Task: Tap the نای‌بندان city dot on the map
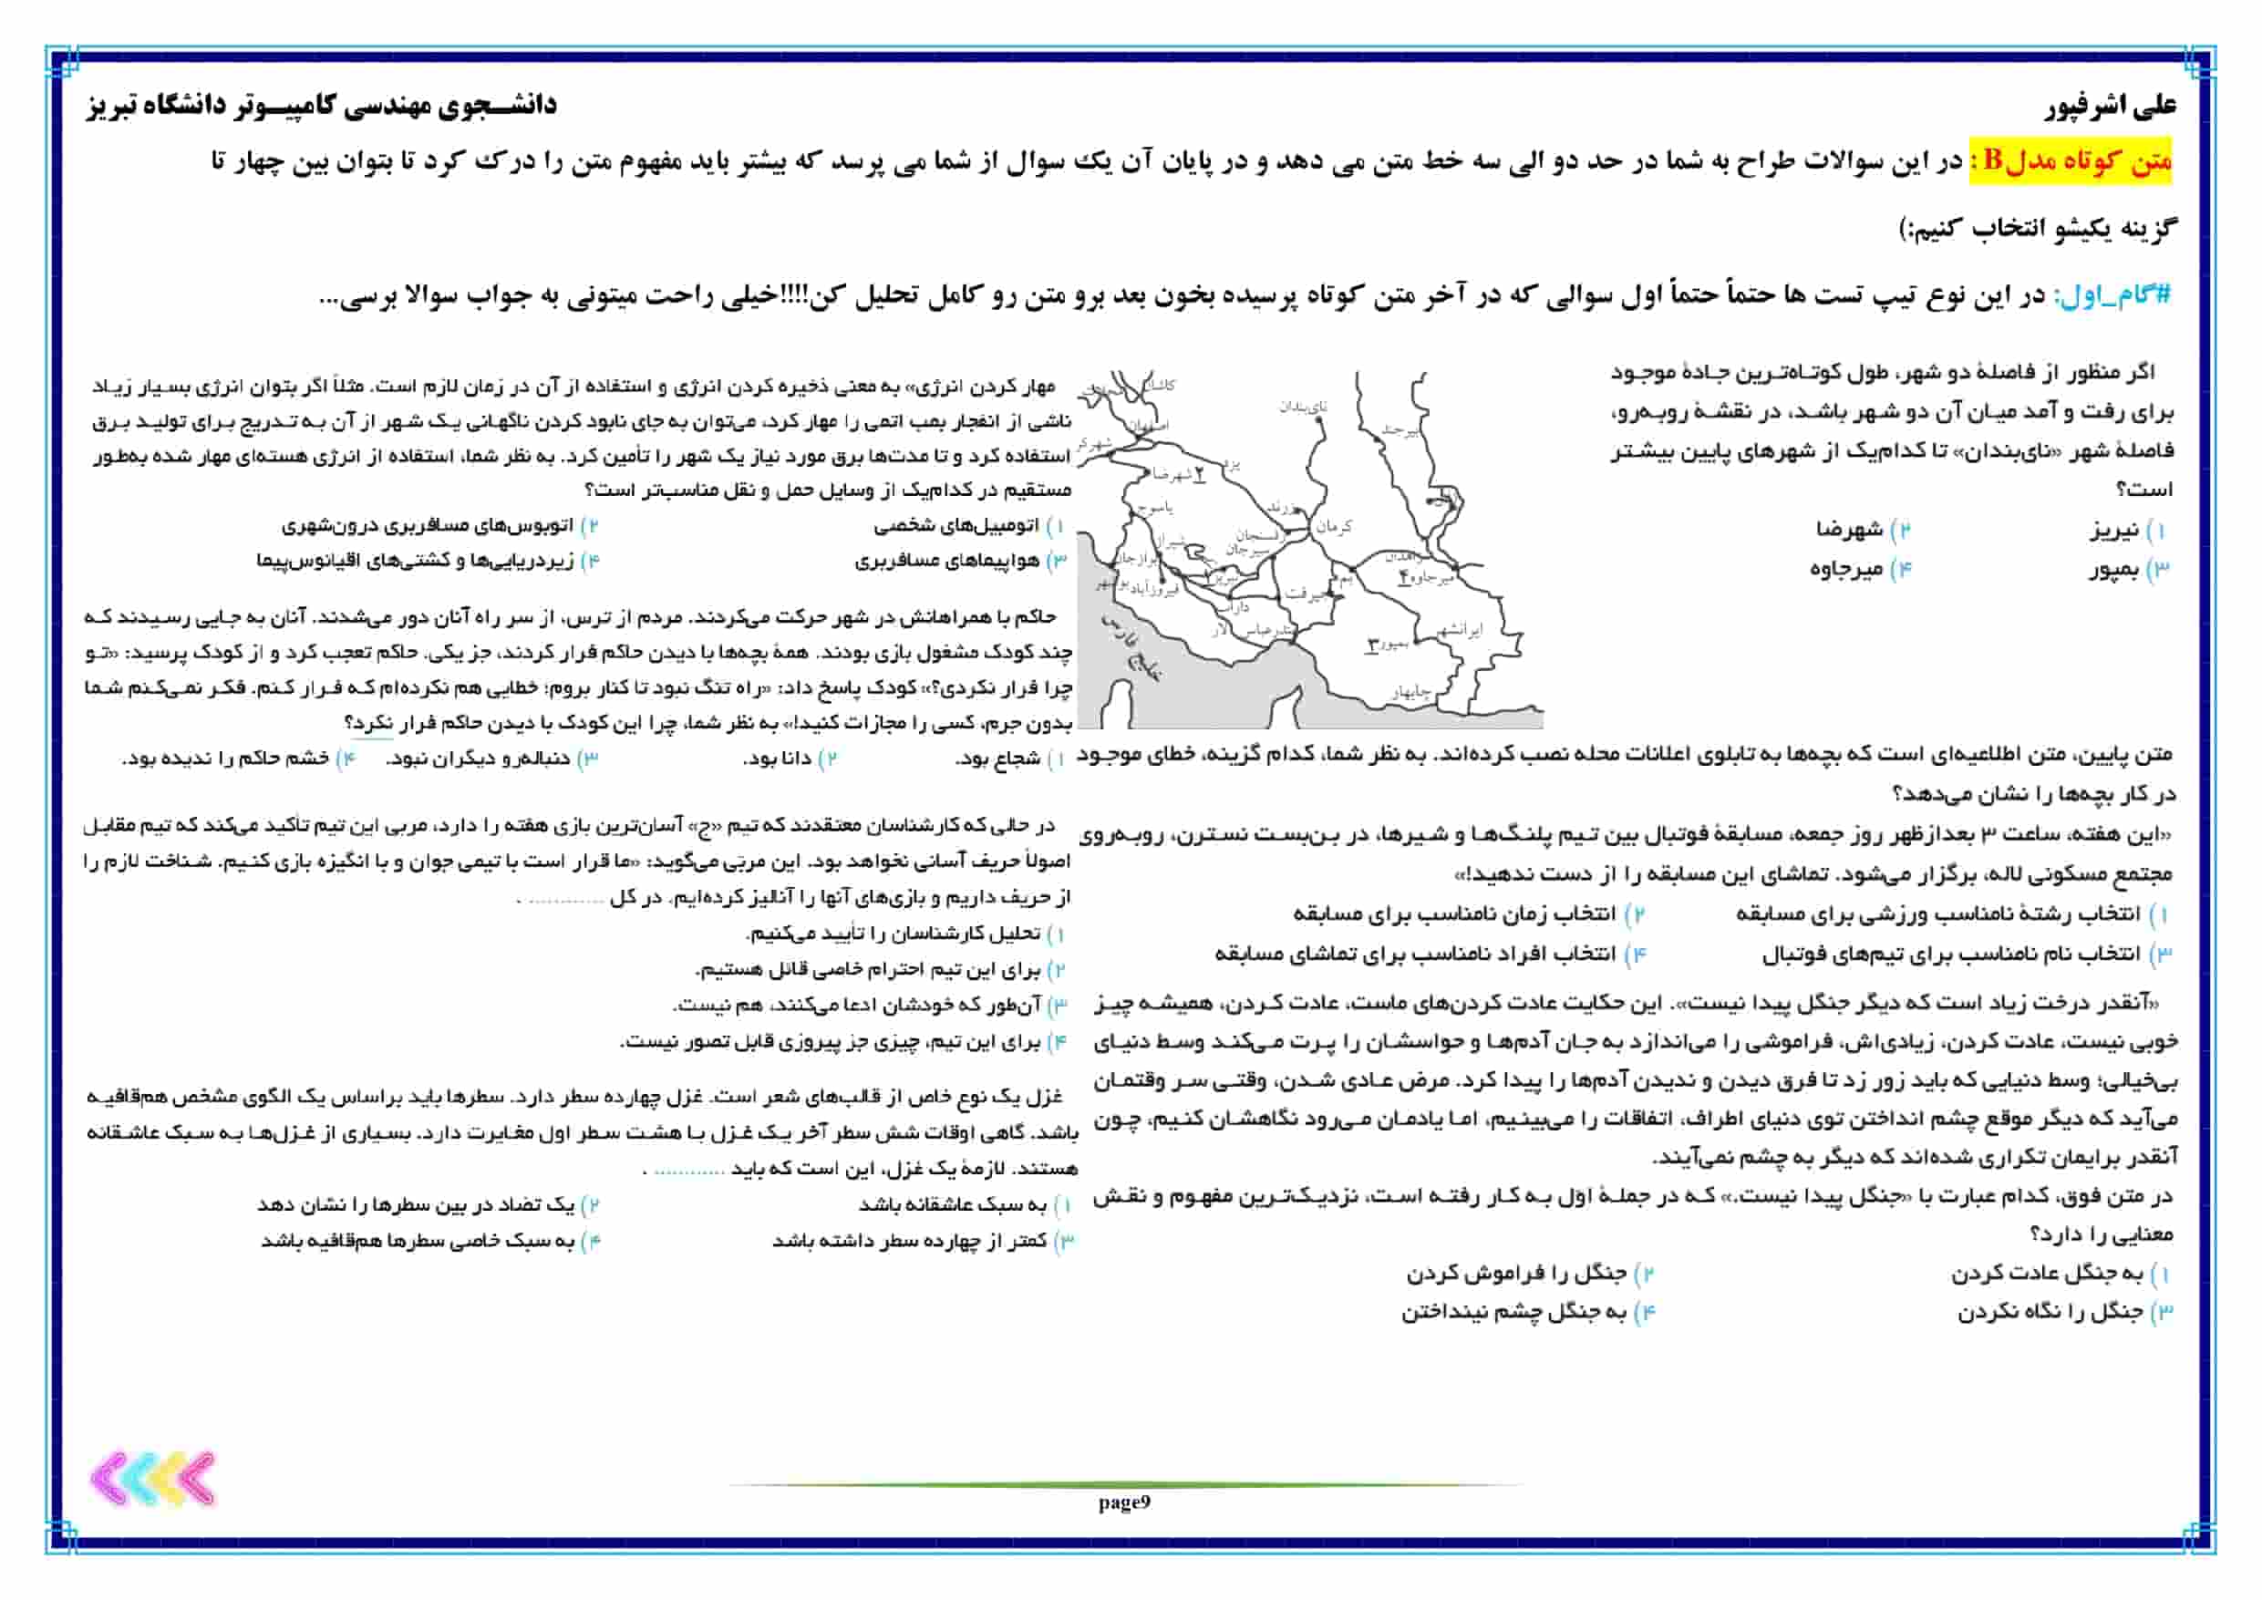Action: click(1320, 419)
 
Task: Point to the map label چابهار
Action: click(1410, 693)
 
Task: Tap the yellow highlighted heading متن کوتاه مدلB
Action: click(2070, 160)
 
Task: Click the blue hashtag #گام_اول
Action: click(2112, 294)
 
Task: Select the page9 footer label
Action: click(1124, 1502)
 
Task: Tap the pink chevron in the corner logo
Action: click(110, 1479)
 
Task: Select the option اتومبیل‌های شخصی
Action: click(955, 526)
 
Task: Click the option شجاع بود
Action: click(997, 759)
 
